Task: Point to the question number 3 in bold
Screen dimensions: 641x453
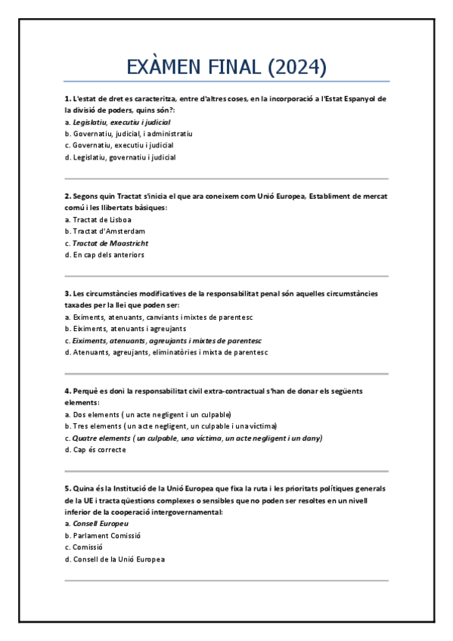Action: [67, 293]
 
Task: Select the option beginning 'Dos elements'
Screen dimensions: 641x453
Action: [151, 414]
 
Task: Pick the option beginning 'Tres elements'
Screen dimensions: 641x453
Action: [175, 426]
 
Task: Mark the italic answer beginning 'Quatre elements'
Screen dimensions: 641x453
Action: [197, 438]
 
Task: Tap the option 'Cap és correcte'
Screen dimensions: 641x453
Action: [99, 450]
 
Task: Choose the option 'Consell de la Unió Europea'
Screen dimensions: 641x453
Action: [119, 559]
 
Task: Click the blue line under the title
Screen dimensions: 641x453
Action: [227, 81]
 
